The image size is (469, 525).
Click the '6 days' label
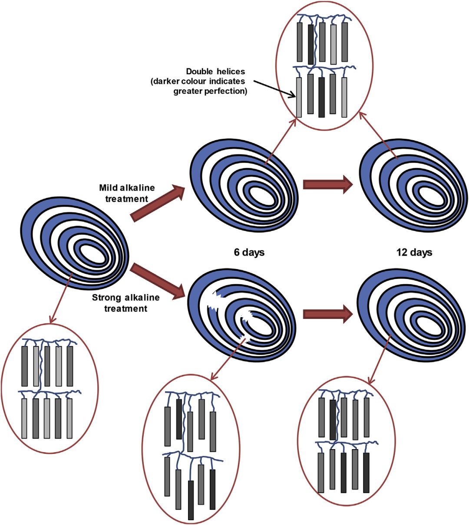click(x=249, y=252)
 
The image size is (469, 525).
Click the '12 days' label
click(x=414, y=252)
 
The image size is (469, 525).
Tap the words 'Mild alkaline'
click(x=127, y=188)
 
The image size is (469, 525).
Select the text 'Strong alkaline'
click(x=126, y=298)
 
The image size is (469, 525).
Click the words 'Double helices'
click(x=215, y=71)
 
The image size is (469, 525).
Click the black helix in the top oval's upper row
click(x=310, y=43)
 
